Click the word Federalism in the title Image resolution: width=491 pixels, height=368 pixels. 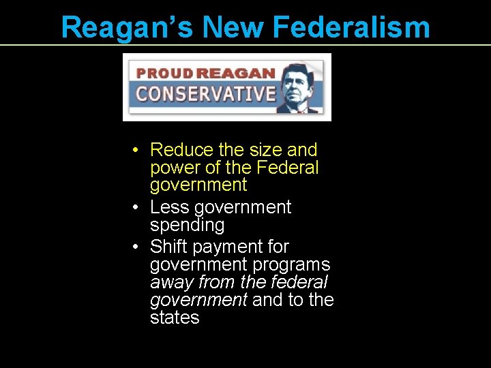351,28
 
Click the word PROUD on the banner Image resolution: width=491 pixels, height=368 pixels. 166,73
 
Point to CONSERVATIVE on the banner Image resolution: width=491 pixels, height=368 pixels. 205,93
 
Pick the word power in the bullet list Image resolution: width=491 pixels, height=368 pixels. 175,167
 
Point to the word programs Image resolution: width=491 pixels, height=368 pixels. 292,264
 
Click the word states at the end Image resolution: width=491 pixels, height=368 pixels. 175,318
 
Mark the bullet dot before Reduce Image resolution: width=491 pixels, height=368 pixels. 137,150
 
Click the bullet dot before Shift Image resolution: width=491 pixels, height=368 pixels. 137,247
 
